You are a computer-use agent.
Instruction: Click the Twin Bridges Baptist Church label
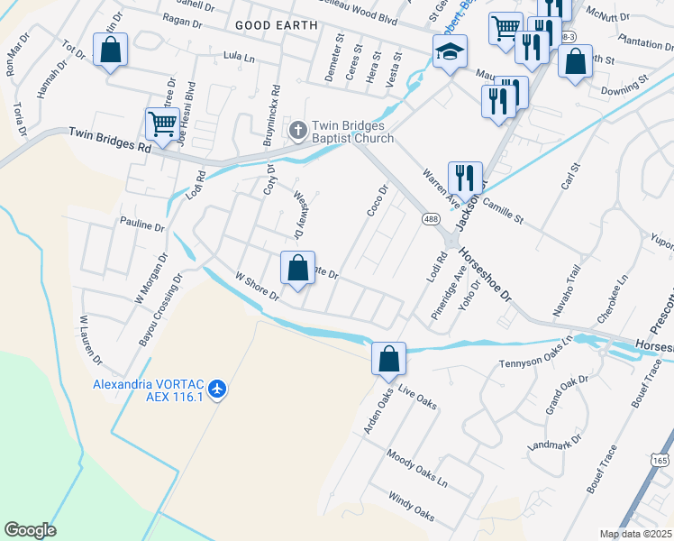click(x=352, y=133)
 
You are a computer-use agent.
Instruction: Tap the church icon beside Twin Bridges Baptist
click(x=297, y=132)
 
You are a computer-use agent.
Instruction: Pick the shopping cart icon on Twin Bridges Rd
click(x=161, y=124)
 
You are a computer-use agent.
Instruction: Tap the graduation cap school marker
click(x=450, y=52)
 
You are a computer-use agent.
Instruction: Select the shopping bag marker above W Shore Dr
click(x=297, y=267)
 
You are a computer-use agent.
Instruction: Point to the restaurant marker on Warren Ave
click(x=465, y=178)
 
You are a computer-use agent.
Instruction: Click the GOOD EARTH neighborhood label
click(x=277, y=25)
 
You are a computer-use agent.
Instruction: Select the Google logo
click(x=30, y=530)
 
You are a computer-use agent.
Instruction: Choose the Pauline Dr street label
click(x=142, y=225)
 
